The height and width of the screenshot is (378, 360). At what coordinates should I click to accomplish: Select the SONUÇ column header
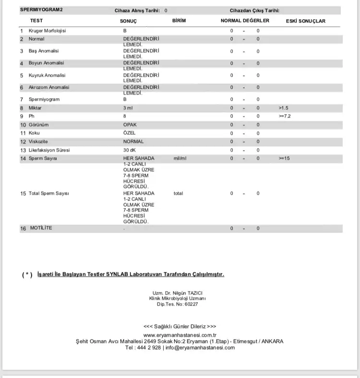click(x=128, y=21)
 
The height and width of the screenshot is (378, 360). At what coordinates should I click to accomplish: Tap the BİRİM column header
click(x=179, y=21)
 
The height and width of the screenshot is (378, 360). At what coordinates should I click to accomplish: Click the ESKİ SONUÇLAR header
click(x=305, y=21)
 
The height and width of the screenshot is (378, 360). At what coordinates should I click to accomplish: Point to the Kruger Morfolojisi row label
click(x=47, y=31)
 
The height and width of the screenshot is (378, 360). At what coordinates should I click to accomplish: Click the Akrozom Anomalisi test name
click(x=49, y=87)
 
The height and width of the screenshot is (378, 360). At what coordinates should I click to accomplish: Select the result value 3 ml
click(x=128, y=108)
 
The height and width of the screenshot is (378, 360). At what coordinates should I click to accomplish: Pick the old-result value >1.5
click(x=284, y=108)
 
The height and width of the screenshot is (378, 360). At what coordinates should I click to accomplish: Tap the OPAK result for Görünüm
click(x=130, y=125)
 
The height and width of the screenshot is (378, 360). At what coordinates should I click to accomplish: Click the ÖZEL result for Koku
click(x=130, y=133)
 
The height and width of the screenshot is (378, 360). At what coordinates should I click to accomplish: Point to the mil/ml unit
click(x=180, y=158)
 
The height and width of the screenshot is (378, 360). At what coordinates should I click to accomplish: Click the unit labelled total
click(x=179, y=193)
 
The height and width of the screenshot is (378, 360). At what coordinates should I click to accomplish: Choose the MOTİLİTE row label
click(x=40, y=228)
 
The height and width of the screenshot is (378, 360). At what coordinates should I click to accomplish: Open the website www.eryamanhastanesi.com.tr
click(x=180, y=335)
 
